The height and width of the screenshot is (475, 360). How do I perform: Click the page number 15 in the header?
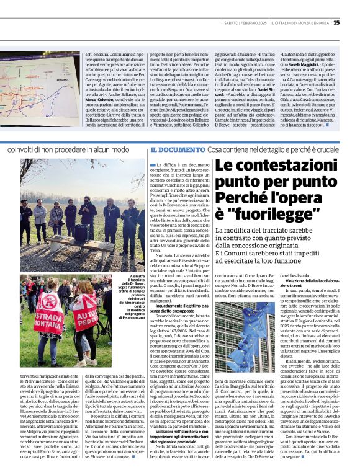click(x=353, y=23)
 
